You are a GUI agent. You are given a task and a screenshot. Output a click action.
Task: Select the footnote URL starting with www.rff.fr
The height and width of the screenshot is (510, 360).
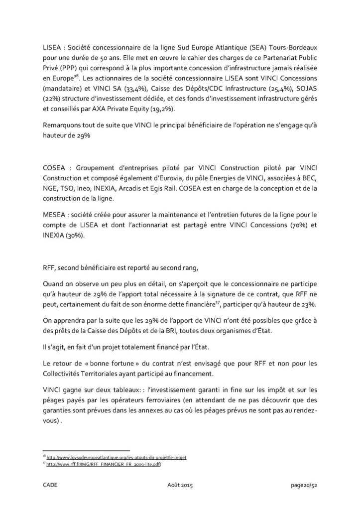pyautogui.click(x=103, y=464)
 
